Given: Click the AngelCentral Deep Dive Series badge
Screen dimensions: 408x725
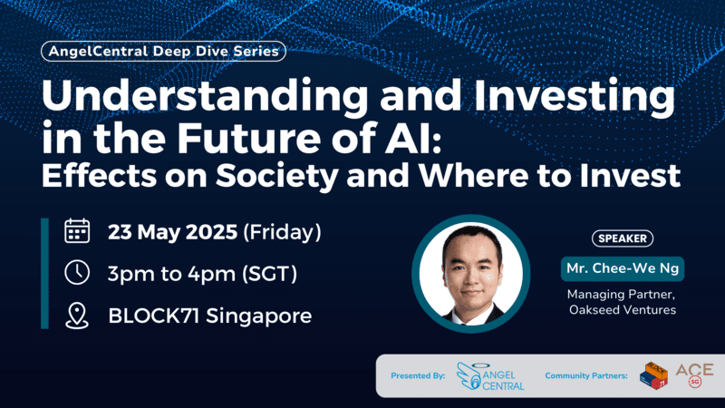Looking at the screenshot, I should [x=163, y=52].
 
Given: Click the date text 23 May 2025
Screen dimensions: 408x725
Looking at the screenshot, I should [x=172, y=231].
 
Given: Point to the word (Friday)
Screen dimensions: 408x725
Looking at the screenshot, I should [x=282, y=231].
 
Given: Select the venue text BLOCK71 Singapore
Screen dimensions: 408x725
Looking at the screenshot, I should [x=209, y=316].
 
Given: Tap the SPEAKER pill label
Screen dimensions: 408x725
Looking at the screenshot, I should [x=623, y=238].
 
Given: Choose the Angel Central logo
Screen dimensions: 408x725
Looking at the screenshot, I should [x=490, y=375].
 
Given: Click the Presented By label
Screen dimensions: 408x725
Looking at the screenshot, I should [x=418, y=375].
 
